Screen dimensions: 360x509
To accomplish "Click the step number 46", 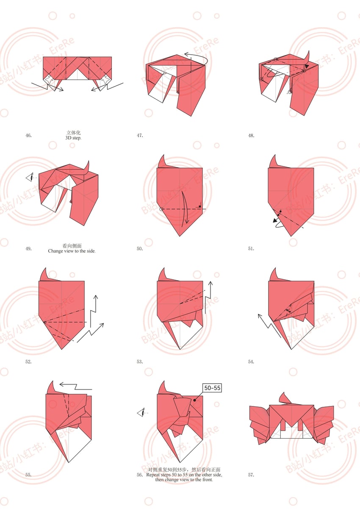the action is point(28,136).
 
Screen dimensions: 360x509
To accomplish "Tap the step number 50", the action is point(140,249).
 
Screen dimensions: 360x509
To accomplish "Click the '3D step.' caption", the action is point(73,138).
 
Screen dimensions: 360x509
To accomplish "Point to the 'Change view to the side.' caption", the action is point(72,251).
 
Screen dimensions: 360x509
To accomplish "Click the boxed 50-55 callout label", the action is point(212,388).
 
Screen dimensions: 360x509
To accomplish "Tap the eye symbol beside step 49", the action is point(30,178).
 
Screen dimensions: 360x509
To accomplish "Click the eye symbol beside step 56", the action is point(141,413).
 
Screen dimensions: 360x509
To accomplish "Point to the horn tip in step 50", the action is point(163,155).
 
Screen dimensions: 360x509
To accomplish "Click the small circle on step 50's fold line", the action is point(161,209).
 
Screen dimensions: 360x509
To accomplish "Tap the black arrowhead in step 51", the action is point(275,220).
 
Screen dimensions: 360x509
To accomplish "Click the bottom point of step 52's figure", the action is point(62,349).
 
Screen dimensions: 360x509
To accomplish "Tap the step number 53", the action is point(140,362).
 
